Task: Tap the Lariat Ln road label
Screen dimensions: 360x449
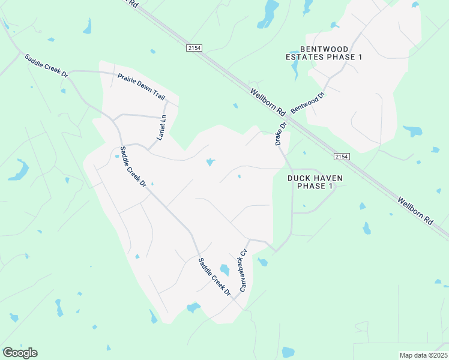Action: (161, 128)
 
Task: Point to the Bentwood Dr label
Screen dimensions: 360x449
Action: (307, 104)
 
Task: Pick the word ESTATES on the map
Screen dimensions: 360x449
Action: (304, 57)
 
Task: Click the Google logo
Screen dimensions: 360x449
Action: (20, 353)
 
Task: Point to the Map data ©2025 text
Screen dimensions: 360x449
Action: (423, 355)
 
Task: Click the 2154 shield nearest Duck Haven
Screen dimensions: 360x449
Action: (342, 157)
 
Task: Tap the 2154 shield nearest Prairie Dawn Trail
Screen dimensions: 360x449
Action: (193, 48)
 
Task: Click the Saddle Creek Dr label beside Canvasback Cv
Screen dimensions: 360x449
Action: (214, 277)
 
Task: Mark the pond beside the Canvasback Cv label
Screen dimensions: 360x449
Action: (224, 270)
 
